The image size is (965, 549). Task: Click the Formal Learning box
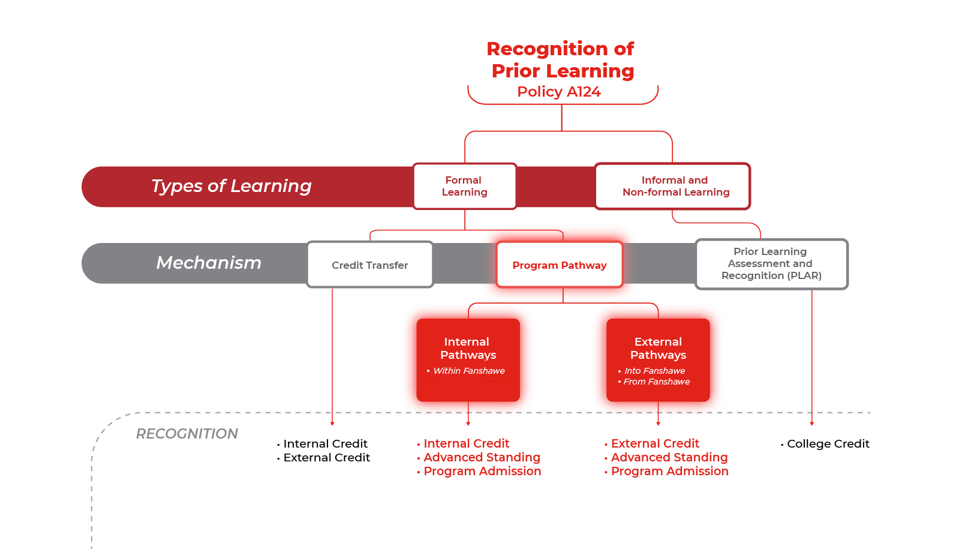click(x=464, y=186)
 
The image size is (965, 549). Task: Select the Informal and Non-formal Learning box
click(x=672, y=186)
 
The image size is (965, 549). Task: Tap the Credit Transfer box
click(x=369, y=265)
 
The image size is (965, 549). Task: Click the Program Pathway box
click(x=559, y=265)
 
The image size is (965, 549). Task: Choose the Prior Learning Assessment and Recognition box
click(x=771, y=263)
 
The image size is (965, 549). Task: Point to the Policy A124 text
click(x=559, y=92)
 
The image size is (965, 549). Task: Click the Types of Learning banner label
click(x=232, y=186)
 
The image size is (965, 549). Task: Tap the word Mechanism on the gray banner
click(x=209, y=263)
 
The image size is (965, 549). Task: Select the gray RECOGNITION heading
click(x=187, y=434)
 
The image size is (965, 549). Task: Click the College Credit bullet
click(x=828, y=444)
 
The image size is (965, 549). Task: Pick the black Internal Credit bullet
click(x=325, y=444)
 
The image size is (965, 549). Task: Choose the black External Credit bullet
click(x=327, y=458)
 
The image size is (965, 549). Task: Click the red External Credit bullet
click(x=655, y=444)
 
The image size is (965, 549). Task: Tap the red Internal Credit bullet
click(x=466, y=444)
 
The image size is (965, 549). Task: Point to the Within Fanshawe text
click(x=469, y=371)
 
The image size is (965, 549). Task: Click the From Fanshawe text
click(x=656, y=382)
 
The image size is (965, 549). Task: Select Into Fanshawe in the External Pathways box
click(x=654, y=371)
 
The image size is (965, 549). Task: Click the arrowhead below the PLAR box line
click(x=811, y=423)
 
